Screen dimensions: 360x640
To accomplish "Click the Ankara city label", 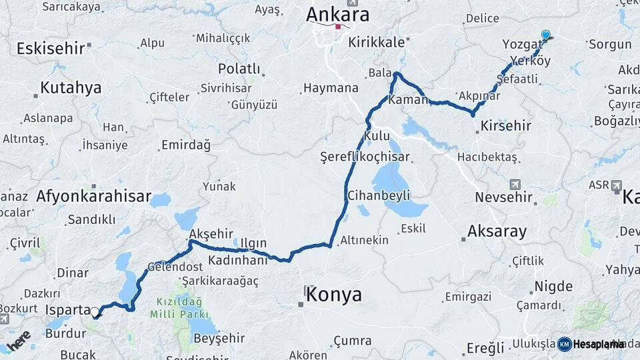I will pos(338,15).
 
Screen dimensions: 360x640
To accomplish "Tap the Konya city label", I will pos(333,295).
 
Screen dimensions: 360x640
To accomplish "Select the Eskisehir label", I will pos(50,48).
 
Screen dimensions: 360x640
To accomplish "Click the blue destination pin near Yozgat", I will pos(546,35).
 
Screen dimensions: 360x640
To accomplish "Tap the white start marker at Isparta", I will pos(95,312).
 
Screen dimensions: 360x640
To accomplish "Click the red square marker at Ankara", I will pos(339,27).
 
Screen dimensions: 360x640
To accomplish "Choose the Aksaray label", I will pos(497,232).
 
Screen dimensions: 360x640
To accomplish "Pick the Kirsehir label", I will pos(505,125).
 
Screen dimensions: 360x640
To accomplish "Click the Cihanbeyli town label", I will pos(379,196).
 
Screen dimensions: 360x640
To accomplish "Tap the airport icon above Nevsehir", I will pos(514,184).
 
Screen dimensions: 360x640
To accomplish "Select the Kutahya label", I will pos(71,88).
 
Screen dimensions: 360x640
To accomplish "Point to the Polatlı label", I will pos(239,69).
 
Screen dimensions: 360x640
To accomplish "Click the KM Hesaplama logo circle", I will pos(565,344).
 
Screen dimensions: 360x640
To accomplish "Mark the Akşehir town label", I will pos(211,233).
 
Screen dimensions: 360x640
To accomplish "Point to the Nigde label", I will pos(553,287).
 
